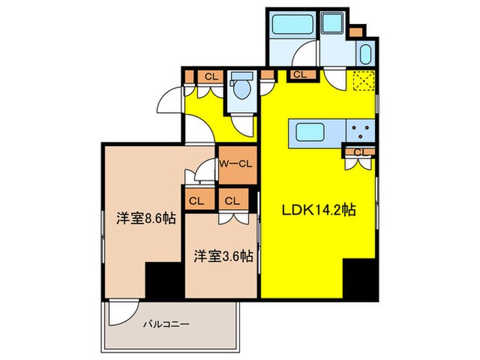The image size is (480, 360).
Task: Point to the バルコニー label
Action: coord(165,323)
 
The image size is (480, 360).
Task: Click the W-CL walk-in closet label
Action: coord(237,164)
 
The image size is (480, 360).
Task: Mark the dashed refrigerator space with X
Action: coord(362,81)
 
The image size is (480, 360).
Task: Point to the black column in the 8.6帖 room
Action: coord(164,281)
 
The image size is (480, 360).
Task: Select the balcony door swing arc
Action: coord(120,312)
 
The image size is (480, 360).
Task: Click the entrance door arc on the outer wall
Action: coord(169,105)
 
